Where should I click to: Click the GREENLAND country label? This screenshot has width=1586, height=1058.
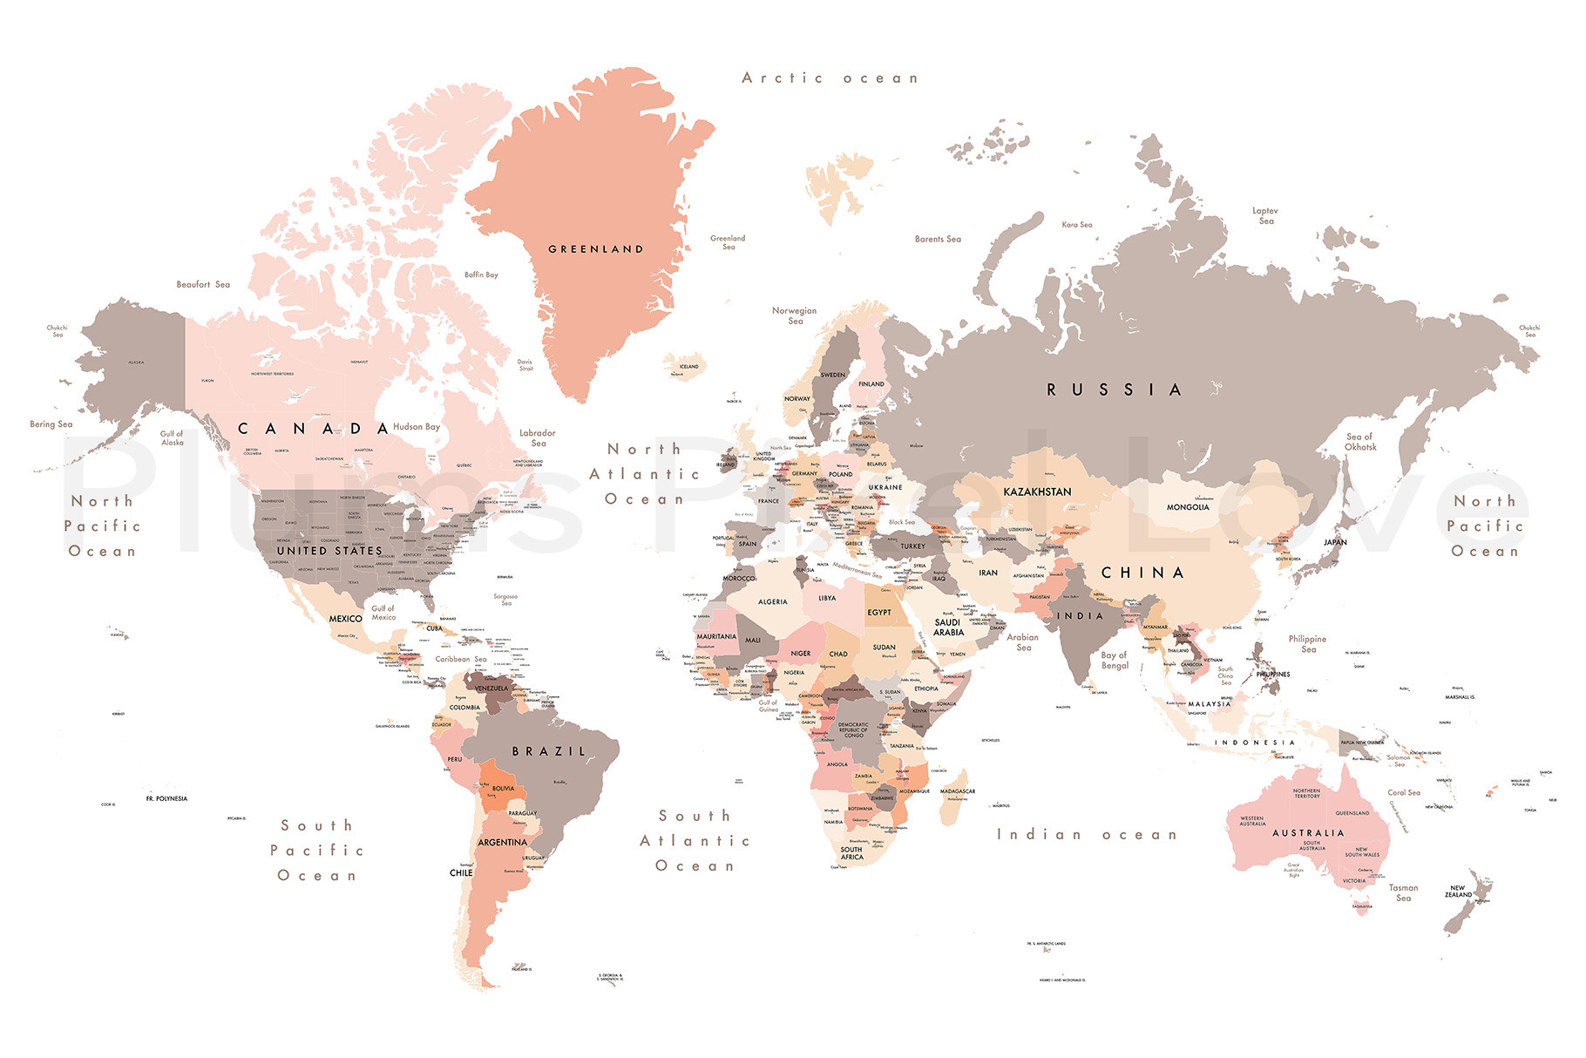[596, 249]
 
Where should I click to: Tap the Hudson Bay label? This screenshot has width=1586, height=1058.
[417, 427]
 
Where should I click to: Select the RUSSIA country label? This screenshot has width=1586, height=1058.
[1115, 390]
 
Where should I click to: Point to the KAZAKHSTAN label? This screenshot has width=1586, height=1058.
[1037, 492]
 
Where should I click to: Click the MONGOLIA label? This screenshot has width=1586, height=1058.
[1188, 507]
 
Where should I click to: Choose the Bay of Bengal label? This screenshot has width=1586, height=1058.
[1115, 661]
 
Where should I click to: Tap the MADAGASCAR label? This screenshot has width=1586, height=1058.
[957, 791]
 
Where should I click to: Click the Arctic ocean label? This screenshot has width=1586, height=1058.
[830, 78]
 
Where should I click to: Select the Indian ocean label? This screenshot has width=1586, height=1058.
[1087, 835]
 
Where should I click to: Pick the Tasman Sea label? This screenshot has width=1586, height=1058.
[1403, 892]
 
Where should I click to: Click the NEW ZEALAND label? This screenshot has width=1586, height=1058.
[1458, 892]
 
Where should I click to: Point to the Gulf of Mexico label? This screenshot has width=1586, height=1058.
[383, 613]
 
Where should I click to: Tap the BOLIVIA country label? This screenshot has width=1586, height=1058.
[503, 789]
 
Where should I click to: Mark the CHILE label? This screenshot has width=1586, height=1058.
[461, 872]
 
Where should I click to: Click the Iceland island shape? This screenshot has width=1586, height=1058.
[686, 365]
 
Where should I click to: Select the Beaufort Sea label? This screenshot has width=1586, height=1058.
[203, 285]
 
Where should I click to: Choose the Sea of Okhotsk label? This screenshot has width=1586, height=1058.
[1360, 442]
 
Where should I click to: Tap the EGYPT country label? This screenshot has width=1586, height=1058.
[879, 613]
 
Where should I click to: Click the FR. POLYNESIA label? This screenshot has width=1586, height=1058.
[166, 798]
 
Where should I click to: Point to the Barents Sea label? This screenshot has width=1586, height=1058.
[938, 239]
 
